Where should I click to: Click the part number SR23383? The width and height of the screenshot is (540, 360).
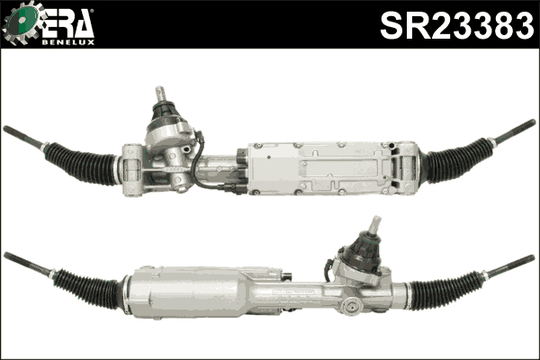coord(457,25)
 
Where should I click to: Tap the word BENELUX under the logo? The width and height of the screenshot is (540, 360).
coord(68,42)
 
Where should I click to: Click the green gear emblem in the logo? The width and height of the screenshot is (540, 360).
coord(22,22)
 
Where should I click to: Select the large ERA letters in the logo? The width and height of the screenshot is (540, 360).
coord(68,24)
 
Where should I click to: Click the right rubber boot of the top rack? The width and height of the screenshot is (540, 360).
coord(456,160)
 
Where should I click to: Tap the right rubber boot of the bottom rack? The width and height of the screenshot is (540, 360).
coord(445,290)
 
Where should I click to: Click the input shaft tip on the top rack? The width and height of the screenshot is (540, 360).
coord(161,93)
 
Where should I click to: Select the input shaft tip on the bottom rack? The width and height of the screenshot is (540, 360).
coord(374,224)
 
